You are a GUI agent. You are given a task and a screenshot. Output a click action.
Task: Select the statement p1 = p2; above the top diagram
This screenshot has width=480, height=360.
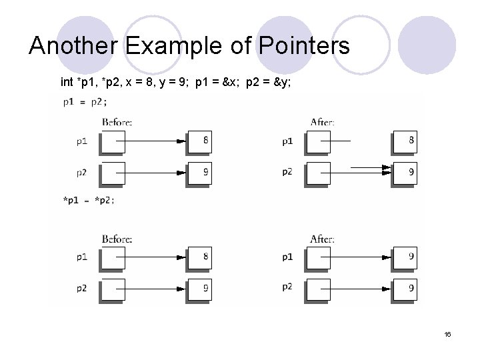(x=85, y=102)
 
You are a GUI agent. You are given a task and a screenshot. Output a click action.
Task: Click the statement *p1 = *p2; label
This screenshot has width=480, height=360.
(x=88, y=200)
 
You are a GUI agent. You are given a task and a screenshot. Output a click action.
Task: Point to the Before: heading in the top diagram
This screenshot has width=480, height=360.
(x=117, y=122)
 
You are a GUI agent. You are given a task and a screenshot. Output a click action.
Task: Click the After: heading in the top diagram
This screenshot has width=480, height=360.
(x=323, y=122)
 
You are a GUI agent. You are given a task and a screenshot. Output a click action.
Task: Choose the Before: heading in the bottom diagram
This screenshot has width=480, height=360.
(x=117, y=238)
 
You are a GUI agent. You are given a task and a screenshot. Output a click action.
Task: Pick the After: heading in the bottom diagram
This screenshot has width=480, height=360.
(x=323, y=238)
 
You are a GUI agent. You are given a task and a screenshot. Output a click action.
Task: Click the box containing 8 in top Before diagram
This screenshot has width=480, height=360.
(x=200, y=141)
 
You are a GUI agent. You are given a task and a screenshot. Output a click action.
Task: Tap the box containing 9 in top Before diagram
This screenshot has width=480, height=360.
(x=200, y=172)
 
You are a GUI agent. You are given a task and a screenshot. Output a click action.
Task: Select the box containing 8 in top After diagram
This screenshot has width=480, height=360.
(x=405, y=141)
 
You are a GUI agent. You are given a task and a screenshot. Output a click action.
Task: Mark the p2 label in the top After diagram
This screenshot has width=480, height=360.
(x=287, y=172)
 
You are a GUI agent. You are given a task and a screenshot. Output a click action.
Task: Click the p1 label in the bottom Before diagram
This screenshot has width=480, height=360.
(x=81, y=257)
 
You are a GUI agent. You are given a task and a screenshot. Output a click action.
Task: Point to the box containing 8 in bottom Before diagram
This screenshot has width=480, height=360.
(x=200, y=257)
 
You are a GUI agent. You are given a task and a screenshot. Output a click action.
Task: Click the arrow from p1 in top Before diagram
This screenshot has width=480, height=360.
(x=153, y=141)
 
